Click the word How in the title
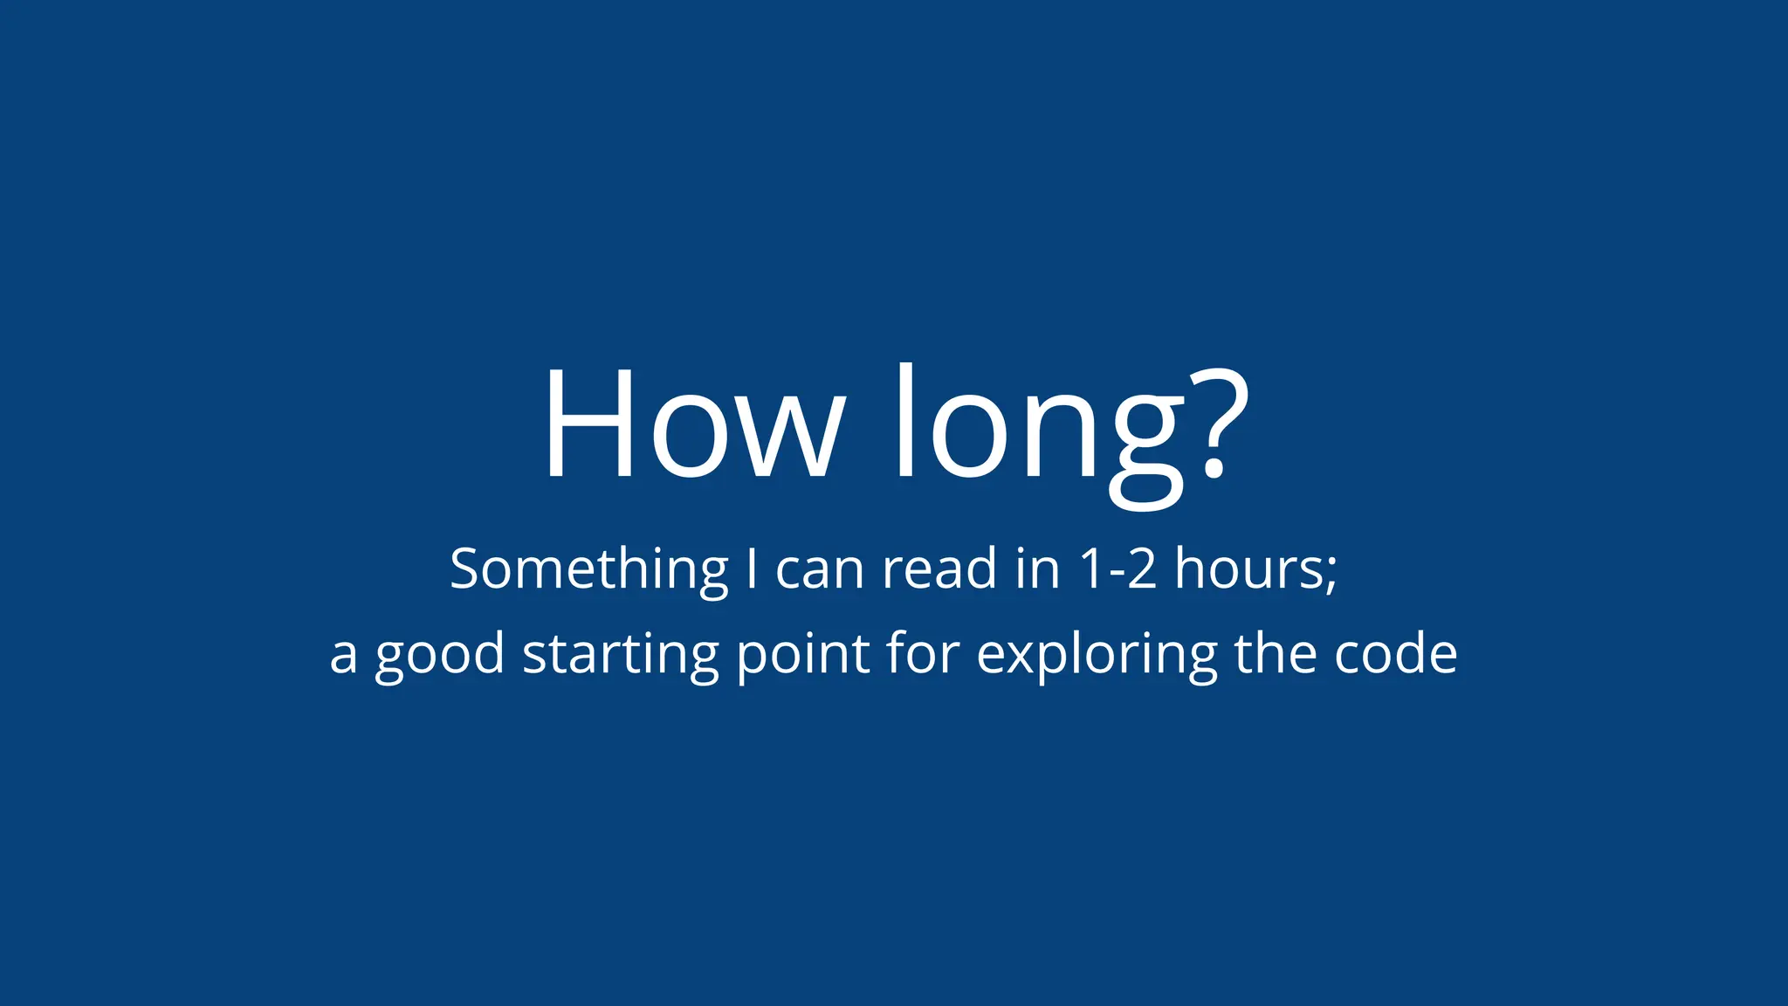pyautogui.click(x=694, y=424)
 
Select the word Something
pyautogui.click(x=589, y=569)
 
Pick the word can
pyautogui.click(x=820, y=569)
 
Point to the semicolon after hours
pyautogui.click(x=1331, y=572)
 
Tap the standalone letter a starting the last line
pyautogui.click(x=343, y=655)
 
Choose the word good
pyautogui.click(x=440, y=655)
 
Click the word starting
pyautogui.click(x=621, y=655)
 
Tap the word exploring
pyautogui.click(x=1096, y=655)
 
